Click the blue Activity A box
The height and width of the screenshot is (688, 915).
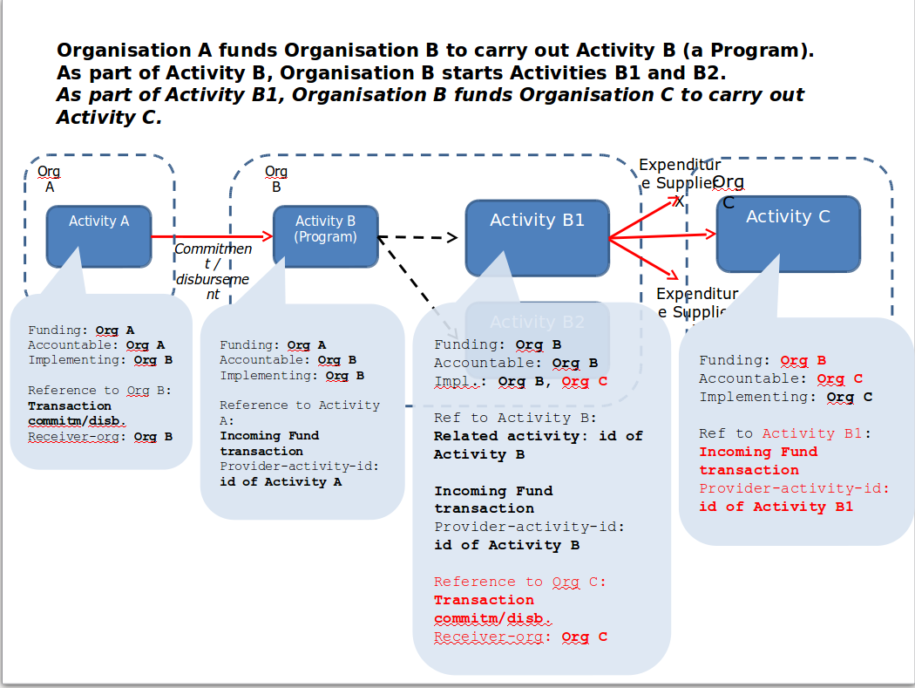pos(98,235)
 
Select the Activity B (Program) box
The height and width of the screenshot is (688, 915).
pos(325,235)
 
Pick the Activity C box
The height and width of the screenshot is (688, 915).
pos(788,233)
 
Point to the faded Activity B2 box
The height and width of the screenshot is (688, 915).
pos(537,323)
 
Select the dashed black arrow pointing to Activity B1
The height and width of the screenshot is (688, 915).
pos(418,237)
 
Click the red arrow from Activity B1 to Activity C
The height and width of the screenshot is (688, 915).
pos(662,235)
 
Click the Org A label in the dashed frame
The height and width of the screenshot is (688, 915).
pos(49,179)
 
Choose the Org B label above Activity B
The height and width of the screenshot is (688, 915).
pos(276,179)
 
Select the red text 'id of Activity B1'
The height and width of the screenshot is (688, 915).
pos(776,507)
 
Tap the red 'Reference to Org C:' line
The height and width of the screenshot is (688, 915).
pos(520,582)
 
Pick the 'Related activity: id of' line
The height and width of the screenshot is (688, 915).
pos(538,436)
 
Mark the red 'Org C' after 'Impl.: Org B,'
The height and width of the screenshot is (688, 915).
pos(585,381)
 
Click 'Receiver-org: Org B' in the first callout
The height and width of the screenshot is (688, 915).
pos(100,437)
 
